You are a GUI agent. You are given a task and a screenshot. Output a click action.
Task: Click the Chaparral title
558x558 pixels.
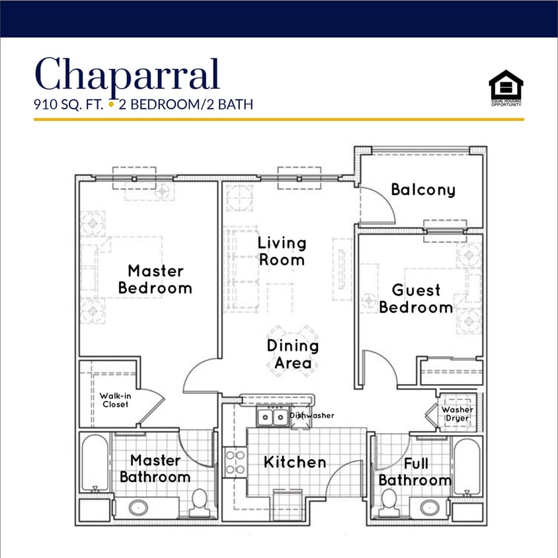pos(126,74)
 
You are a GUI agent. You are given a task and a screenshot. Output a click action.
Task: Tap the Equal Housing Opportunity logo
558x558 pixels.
pos(506,88)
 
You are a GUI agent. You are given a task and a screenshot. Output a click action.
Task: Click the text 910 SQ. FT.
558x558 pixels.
pos(69,104)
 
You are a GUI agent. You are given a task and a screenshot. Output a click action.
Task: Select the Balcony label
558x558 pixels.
pos(423,190)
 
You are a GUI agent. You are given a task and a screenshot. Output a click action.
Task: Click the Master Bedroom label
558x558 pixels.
pos(155,279)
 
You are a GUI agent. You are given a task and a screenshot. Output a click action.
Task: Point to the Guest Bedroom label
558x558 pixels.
pos(416,299)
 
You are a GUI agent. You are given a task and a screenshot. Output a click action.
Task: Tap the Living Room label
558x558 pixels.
pos(282,251)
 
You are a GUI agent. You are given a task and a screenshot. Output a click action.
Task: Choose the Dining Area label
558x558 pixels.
pos(293,354)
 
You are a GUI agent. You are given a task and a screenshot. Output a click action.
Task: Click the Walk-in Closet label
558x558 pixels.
pos(115,400)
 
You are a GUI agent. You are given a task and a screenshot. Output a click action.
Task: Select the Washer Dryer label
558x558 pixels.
pos(457,414)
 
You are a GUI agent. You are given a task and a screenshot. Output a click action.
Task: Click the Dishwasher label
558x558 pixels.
pos(312,415)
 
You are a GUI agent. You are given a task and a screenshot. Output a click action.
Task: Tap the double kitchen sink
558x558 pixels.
pos(270,417)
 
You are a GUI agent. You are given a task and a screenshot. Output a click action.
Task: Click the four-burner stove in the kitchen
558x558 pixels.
pos(235,461)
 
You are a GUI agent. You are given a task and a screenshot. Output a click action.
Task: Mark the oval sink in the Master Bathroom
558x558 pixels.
pos(138,508)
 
